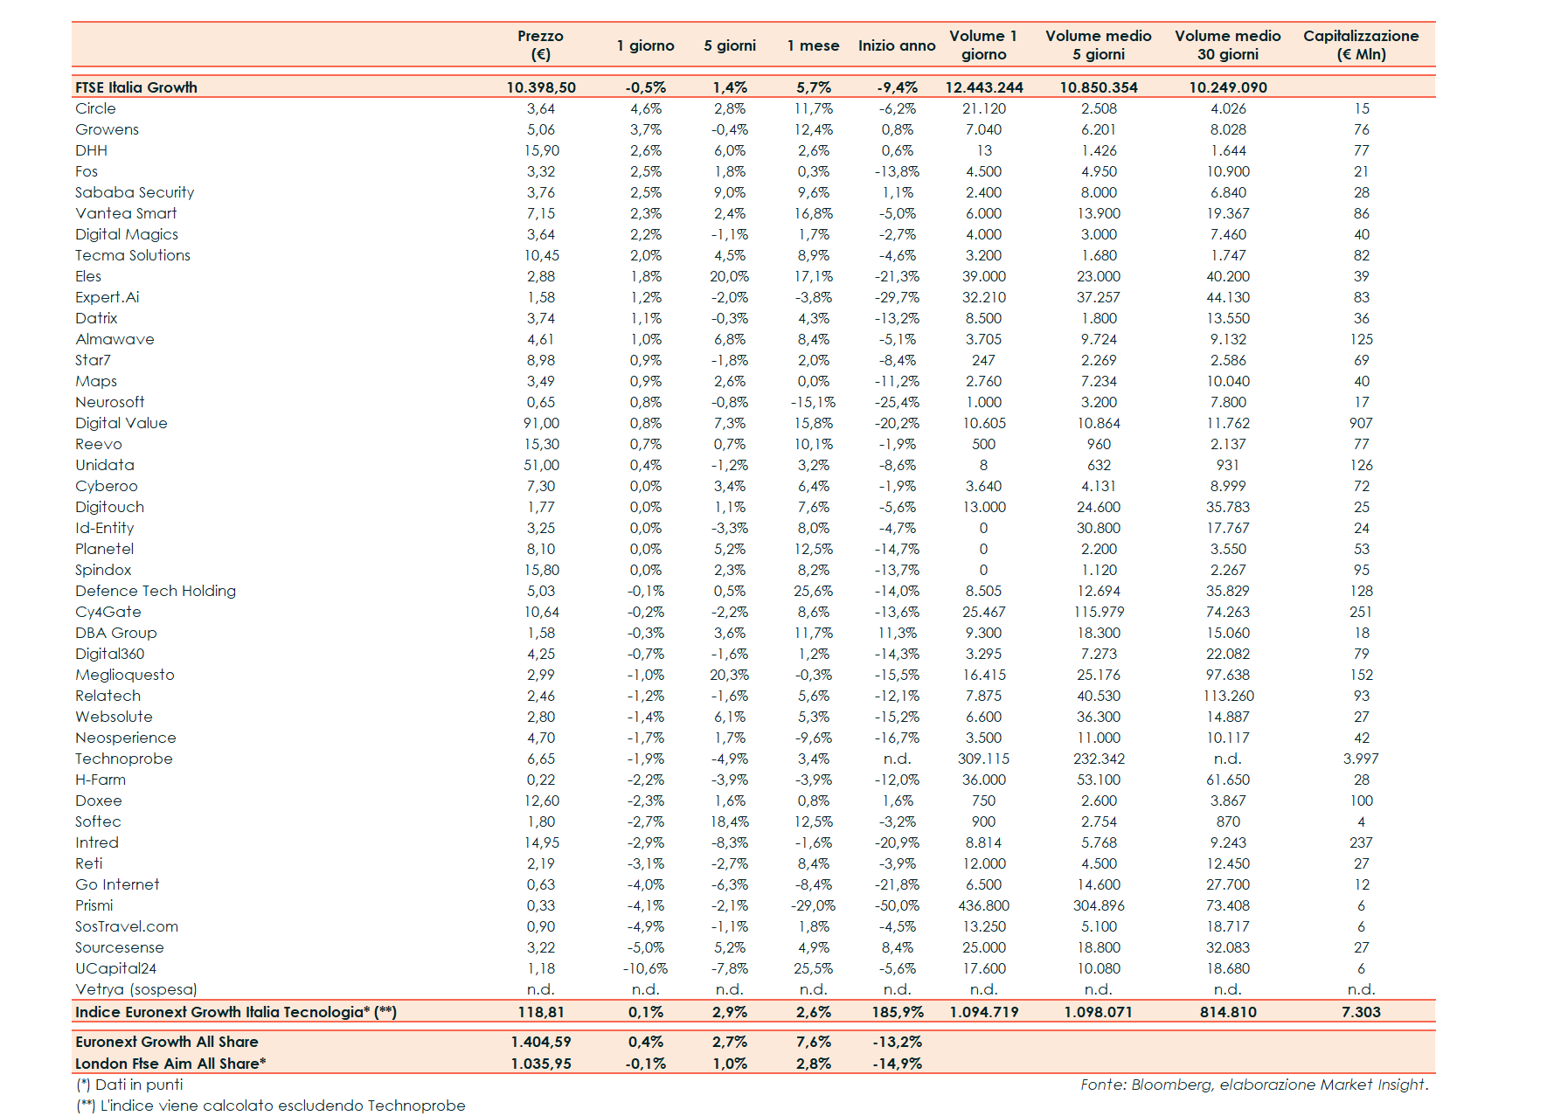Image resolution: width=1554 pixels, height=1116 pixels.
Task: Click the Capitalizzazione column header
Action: click(1360, 45)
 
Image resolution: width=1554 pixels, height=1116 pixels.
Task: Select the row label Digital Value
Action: click(121, 423)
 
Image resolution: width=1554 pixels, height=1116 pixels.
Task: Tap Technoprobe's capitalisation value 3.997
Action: click(1360, 759)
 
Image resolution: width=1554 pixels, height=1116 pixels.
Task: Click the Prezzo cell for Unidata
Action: click(541, 465)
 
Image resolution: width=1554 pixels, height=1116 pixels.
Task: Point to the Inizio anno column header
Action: click(896, 45)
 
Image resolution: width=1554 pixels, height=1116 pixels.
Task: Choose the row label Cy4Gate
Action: click(108, 612)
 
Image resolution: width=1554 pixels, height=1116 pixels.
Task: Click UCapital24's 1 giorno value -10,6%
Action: click(645, 968)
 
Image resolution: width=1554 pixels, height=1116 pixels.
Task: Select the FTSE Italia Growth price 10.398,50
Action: click(541, 87)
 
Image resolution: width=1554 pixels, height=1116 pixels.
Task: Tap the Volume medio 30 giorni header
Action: click(1227, 45)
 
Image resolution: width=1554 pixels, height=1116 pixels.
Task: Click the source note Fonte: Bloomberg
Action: click(1253, 1085)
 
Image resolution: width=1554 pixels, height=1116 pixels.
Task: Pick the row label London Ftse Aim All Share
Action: click(170, 1064)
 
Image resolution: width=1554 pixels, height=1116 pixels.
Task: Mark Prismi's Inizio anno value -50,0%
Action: click(898, 905)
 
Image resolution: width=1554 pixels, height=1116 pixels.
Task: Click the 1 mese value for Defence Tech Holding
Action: click(813, 591)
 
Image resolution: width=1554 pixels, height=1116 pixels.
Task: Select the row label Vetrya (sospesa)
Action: click(135, 989)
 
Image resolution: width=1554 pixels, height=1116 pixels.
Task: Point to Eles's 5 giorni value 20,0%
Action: click(729, 276)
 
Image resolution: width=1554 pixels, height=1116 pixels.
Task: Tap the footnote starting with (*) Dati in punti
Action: click(129, 1085)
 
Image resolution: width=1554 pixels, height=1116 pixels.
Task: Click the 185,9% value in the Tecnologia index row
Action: click(898, 1012)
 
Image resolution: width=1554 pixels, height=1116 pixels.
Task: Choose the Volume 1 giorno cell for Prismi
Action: click(983, 905)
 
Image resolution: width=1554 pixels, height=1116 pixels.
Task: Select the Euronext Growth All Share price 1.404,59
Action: click(541, 1042)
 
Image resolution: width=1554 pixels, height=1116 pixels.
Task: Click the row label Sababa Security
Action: click(135, 192)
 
